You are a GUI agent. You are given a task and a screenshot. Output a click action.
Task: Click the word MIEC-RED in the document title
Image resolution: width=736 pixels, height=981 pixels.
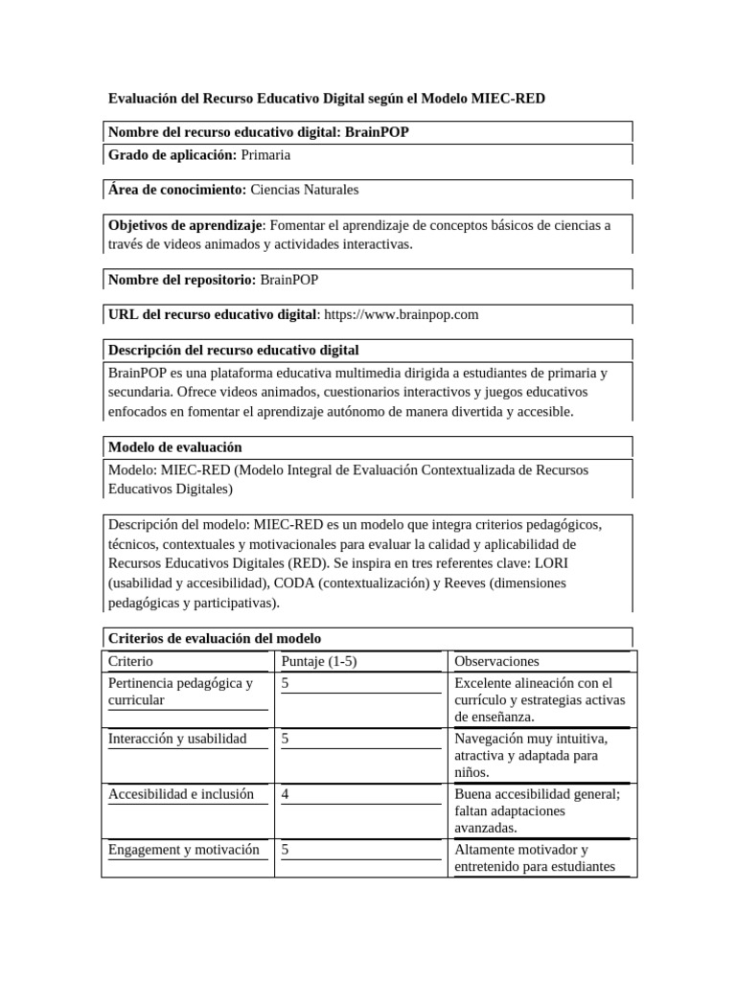click(510, 99)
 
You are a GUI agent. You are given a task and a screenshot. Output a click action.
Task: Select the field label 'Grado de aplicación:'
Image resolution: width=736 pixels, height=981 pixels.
click(172, 154)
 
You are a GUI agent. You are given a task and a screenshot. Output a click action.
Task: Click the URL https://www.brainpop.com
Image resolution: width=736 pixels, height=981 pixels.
click(402, 314)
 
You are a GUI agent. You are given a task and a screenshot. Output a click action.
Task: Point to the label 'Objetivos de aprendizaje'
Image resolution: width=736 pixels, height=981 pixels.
click(185, 225)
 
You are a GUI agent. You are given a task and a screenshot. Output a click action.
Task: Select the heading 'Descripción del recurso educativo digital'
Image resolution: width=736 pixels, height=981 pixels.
click(234, 350)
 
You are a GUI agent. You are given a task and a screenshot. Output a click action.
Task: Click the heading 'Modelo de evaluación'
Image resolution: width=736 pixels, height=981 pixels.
click(175, 447)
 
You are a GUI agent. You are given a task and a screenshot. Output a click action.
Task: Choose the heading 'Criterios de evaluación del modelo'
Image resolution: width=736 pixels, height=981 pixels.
click(215, 638)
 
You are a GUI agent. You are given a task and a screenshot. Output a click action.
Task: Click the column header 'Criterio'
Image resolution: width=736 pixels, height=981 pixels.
click(130, 661)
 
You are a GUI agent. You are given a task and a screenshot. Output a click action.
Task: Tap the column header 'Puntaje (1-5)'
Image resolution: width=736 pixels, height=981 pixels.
click(319, 661)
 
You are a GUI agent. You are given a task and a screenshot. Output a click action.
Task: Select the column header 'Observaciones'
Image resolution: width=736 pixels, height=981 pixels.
click(496, 661)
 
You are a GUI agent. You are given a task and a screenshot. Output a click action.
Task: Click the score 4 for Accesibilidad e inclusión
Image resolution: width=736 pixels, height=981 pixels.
click(287, 794)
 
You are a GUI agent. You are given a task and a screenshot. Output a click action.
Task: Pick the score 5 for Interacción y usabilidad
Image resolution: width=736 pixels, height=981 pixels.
click(287, 739)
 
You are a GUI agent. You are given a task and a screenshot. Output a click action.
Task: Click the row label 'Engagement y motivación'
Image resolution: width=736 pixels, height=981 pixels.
click(184, 850)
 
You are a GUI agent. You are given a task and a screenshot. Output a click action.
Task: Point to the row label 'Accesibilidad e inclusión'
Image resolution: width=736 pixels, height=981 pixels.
click(181, 794)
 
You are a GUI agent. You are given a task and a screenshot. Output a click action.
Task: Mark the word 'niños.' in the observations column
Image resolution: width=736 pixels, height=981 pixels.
click(472, 772)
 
